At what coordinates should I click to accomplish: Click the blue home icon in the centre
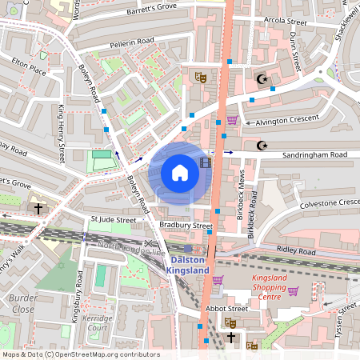click(180, 172)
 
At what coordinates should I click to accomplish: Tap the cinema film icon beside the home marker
click(207, 163)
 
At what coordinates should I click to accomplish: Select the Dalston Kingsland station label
click(187, 266)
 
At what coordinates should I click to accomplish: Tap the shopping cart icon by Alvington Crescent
click(232, 120)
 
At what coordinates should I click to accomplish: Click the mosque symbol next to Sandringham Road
click(261, 146)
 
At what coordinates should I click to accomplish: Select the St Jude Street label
click(114, 218)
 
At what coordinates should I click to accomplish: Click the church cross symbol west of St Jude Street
click(38, 208)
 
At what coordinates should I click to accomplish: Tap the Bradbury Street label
click(185, 226)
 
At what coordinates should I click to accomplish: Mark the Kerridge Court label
click(98, 322)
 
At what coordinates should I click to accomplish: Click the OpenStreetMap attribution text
click(80, 354)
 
